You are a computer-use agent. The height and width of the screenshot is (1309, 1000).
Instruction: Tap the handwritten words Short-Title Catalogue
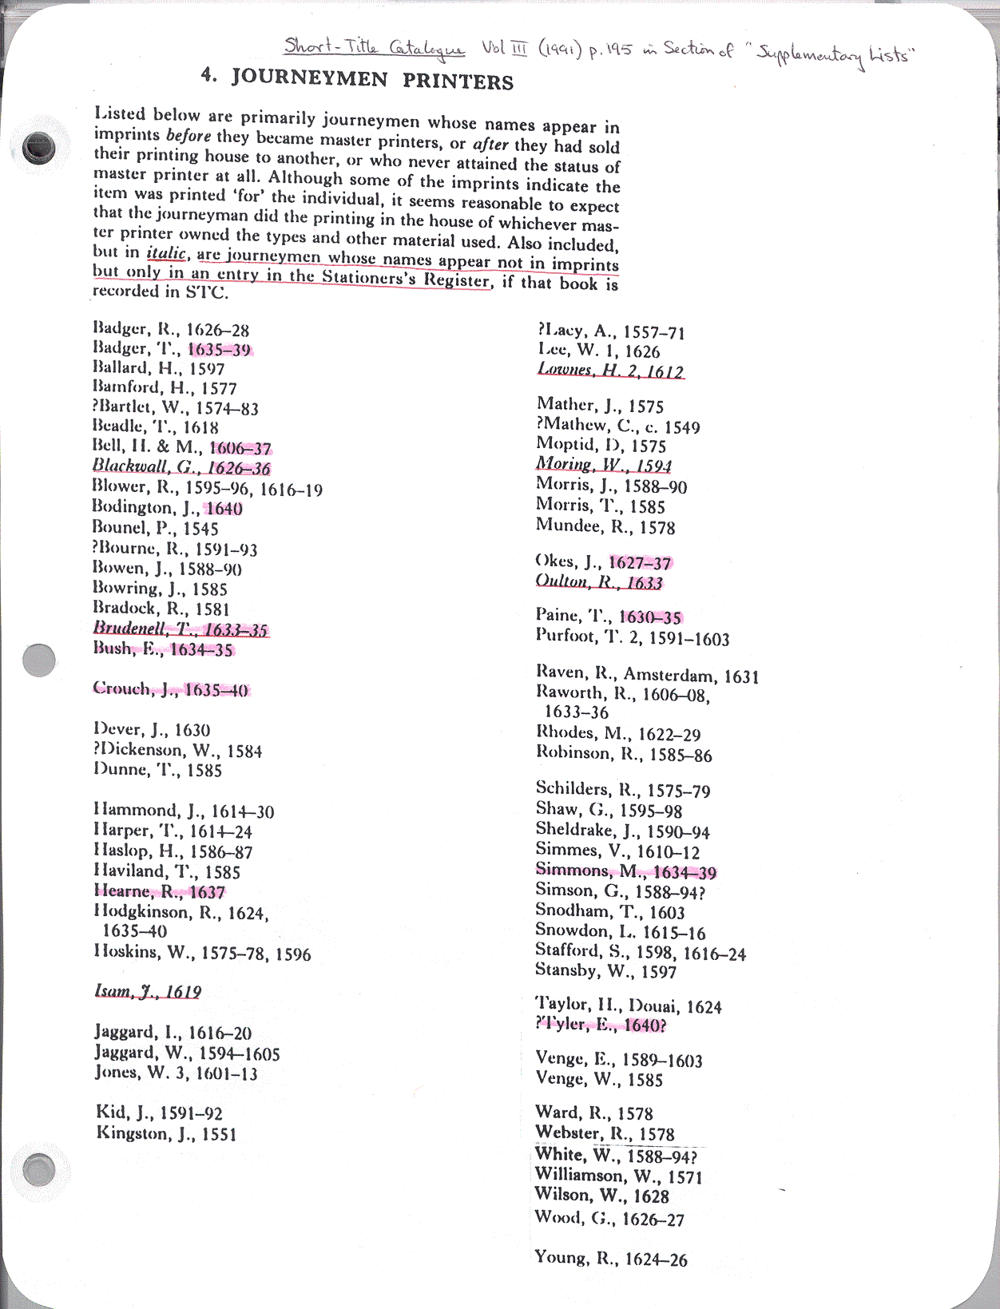pos(374,48)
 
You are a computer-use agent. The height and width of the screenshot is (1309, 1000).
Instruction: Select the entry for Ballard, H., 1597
pos(158,368)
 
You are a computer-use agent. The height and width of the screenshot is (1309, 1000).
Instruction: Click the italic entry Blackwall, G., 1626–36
pos(181,467)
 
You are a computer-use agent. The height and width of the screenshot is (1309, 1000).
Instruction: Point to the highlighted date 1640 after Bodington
pos(224,508)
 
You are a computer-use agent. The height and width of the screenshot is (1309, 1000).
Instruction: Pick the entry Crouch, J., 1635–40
pos(170,689)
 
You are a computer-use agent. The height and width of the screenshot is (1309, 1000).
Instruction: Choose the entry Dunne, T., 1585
pos(157,770)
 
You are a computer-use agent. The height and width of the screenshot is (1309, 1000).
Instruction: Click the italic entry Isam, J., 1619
pos(148,991)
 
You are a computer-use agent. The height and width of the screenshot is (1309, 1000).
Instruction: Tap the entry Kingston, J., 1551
pos(166,1133)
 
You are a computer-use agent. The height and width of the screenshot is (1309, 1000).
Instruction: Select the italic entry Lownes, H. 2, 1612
pos(610,371)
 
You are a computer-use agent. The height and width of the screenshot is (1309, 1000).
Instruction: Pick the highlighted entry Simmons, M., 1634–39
pos(625,871)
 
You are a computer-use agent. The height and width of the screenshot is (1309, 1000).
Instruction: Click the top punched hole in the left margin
pos(39,148)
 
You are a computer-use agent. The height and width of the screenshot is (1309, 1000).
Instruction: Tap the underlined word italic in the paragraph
pos(166,253)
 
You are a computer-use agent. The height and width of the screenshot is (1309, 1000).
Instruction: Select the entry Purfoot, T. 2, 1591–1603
pos(633,637)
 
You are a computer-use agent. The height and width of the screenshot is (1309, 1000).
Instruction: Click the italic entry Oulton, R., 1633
pos(599,582)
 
